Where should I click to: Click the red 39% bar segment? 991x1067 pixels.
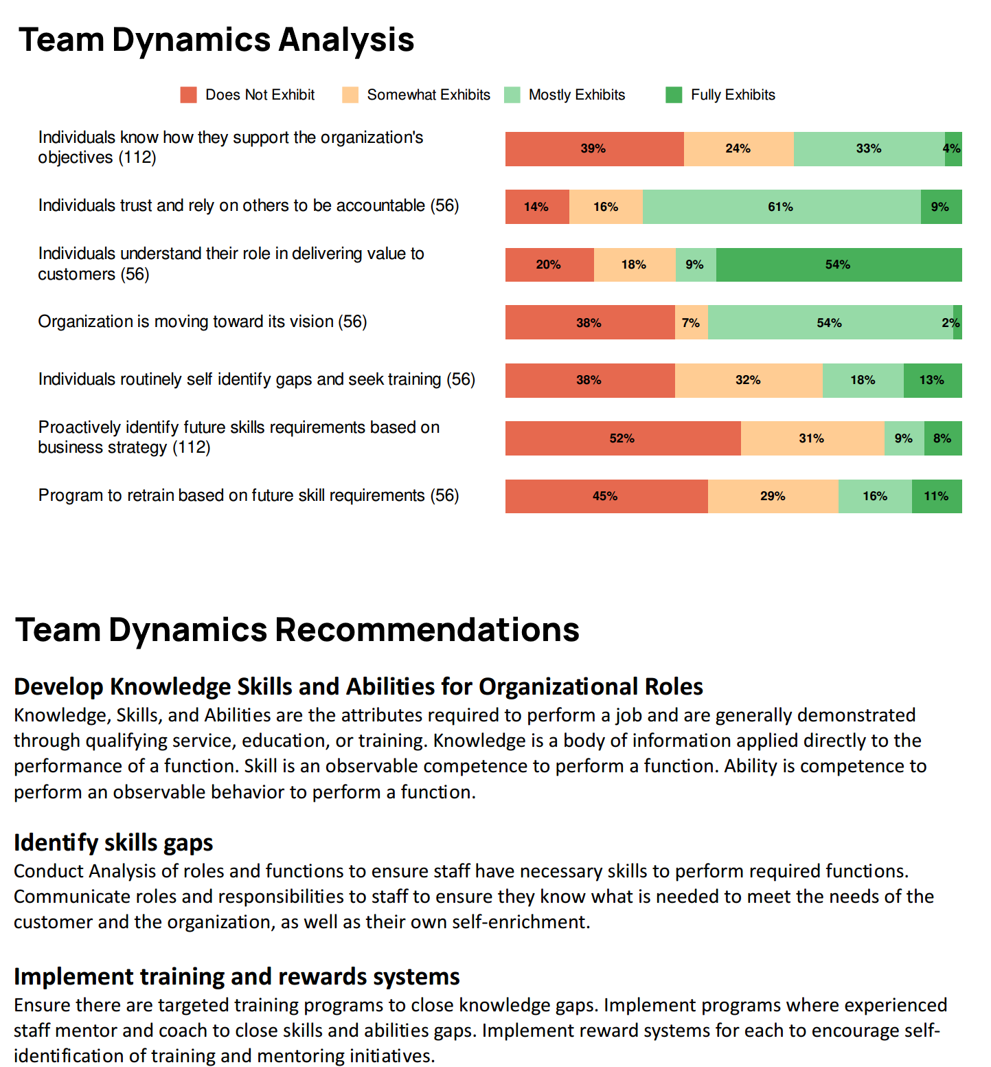(x=595, y=149)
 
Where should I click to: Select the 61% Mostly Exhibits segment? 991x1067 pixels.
(x=782, y=207)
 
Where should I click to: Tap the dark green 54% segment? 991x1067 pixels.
(x=839, y=265)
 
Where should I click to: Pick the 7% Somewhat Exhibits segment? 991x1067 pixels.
(x=692, y=322)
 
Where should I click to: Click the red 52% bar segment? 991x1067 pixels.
(x=623, y=438)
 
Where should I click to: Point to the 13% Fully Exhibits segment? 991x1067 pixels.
(x=933, y=381)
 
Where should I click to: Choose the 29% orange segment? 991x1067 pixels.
(x=773, y=496)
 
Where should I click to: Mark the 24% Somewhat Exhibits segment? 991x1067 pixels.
(x=739, y=149)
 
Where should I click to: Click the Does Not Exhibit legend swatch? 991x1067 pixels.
(x=189, y=95)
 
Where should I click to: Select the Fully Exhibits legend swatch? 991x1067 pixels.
(x=674, y=95)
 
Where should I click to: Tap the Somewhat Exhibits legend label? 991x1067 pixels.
(x=429, y=95)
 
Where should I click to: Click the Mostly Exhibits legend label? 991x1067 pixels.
(x=577, y=95)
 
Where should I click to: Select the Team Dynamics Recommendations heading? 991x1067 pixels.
(x=297, y=630)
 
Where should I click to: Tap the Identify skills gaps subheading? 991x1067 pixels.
(x=113, y=843)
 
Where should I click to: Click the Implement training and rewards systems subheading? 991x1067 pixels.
(x=237, y=976)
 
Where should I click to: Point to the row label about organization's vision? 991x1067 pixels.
(x=203, y=322)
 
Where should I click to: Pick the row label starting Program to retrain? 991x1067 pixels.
(x=249, y=495)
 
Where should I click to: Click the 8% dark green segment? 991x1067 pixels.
(x=943, y=438)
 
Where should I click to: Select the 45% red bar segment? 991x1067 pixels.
(x=606, y=496)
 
